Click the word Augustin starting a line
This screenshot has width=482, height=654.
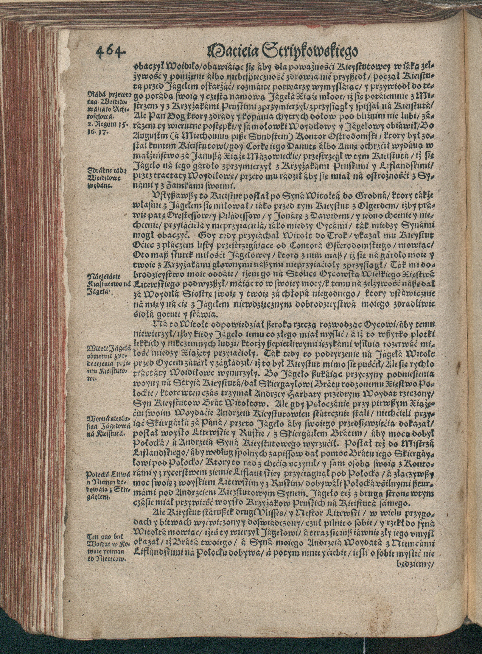pos(149,136)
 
